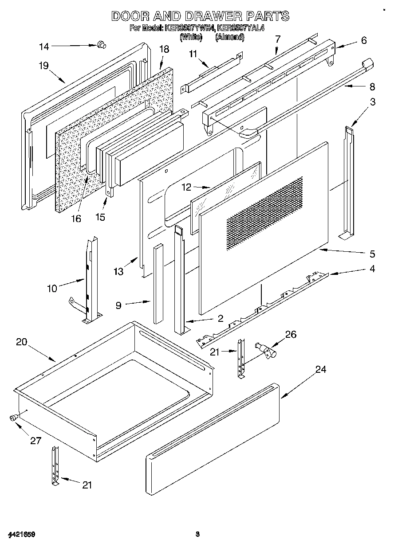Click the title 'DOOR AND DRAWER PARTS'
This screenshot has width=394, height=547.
coord(200,16)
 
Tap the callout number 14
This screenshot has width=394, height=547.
coord(45,47)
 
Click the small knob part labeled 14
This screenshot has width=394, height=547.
coord(102,43)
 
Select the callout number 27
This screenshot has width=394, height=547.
coord(35,441)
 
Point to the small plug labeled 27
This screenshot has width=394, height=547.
coord(13,417)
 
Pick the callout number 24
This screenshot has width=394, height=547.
coord(321,369)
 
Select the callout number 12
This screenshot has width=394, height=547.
coord(186,187)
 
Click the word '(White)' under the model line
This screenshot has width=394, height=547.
coord(191,37)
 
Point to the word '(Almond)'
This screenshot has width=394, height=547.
coord(229,37)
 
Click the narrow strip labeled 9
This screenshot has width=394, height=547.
coord(158,284)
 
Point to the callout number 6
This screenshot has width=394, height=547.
coord(364,40)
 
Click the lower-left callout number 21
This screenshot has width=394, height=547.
coord(87,484)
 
